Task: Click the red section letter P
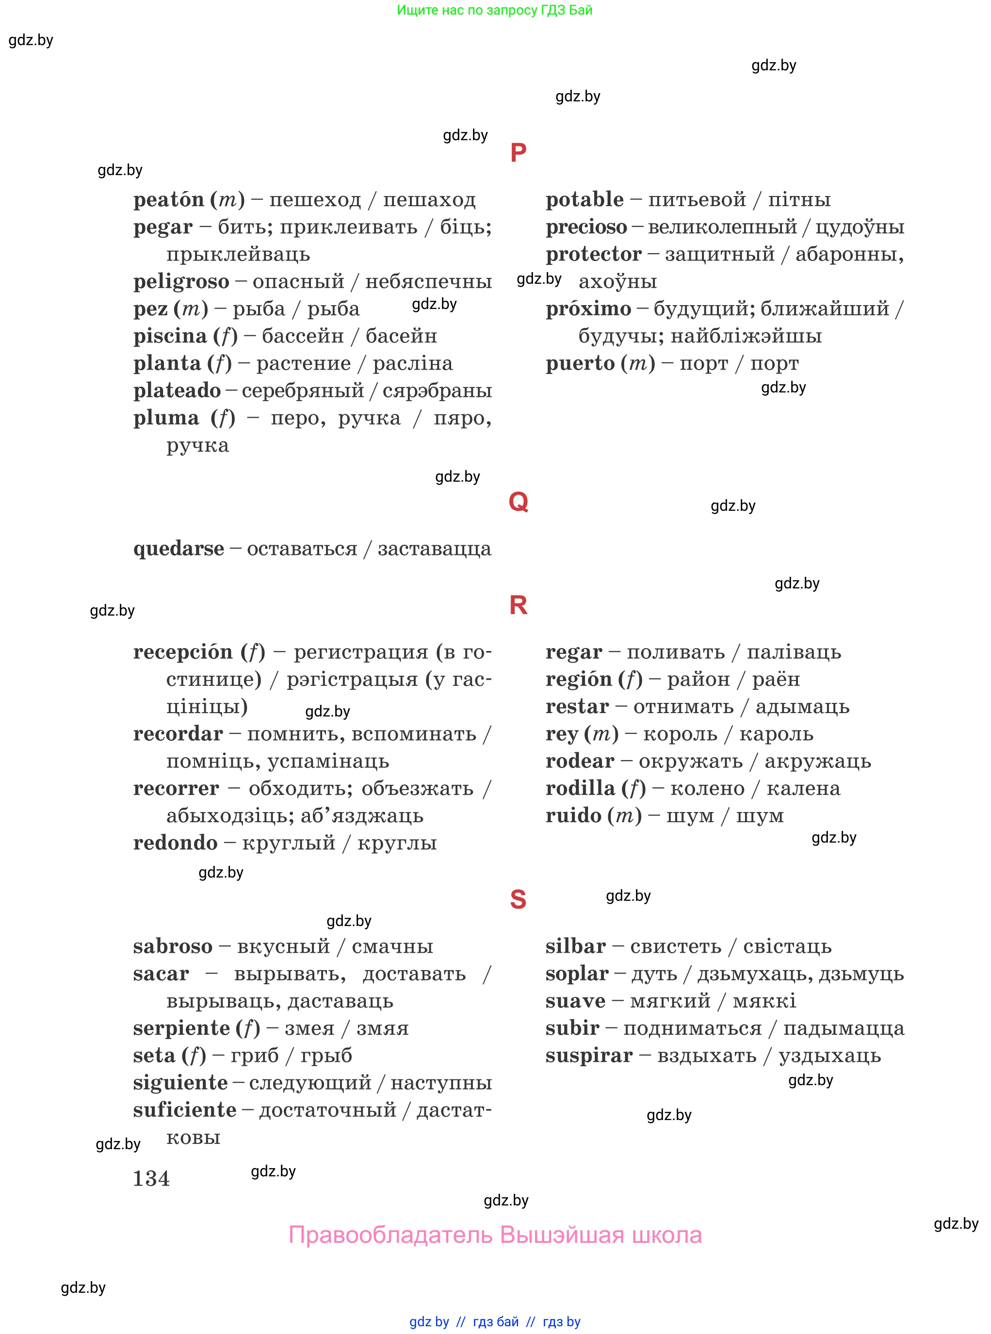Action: tap(518, 153)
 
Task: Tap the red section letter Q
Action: tap(518, 502)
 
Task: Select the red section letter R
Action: tap(518, 605)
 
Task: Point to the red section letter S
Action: tap(518, 900)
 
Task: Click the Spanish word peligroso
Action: tap(181, 281)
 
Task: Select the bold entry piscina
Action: tap(170, 336)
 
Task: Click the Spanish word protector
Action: tap(593, 254)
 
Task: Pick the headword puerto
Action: tap(580, 363)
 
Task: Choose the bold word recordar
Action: tap(178, 733)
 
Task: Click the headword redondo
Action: tap(175, 843)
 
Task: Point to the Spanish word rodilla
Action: tap(580, 788)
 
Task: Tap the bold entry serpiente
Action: tap(181, 1028)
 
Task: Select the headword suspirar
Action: tap(588, 1055)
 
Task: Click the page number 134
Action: tap(151, 1179)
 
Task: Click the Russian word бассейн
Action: tap(303, 336)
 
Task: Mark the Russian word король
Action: tap(680, 733)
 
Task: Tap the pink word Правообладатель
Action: tap(390, 1235)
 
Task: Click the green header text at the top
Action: tap(494, 10)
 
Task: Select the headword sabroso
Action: tap(173, 946)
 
